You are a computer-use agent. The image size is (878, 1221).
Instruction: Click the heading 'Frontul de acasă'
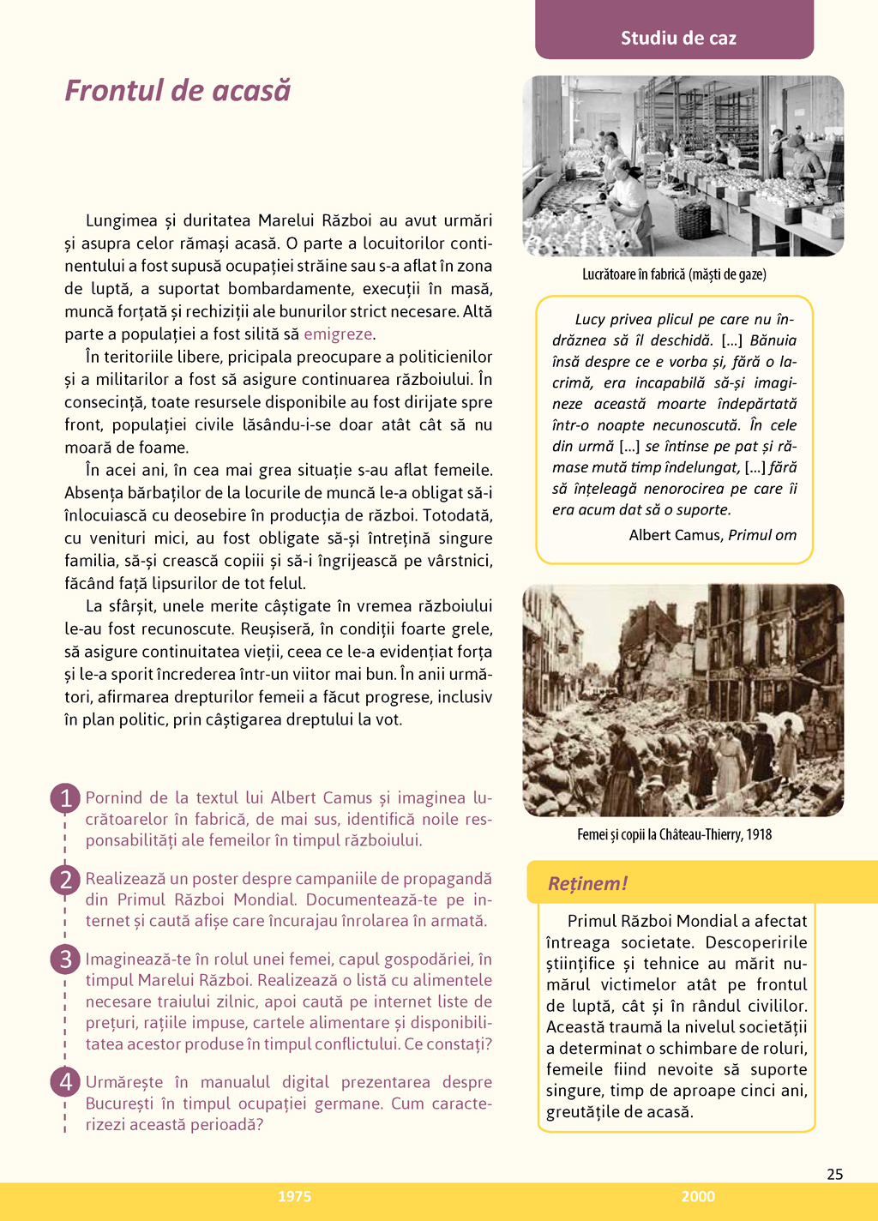[x=177, y=91]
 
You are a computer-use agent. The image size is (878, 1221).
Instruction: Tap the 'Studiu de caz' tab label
[x=678, y=38]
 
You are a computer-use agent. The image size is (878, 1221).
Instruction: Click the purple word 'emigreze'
[x=338, y=334]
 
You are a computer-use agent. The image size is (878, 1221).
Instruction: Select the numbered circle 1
[x=65, y=798]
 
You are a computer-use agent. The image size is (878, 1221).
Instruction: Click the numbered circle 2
[x=65, y=880]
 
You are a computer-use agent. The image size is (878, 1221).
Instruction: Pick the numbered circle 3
[x=65, y=959]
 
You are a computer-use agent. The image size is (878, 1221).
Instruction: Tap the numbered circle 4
[x=65, y=1082]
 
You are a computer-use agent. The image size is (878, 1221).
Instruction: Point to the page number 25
[x=834, y=1174]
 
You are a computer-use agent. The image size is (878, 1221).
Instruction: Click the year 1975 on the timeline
[x=294, y=1196]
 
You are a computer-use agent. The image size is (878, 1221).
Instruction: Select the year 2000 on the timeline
[x=698, y=1196]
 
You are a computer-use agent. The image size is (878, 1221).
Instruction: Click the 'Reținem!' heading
[x=587, y=883]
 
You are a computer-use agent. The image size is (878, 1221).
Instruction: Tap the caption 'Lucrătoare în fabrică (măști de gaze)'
[x=674, y=274]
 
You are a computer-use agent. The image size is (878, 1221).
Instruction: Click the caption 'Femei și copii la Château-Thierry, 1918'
[x=674, y=834]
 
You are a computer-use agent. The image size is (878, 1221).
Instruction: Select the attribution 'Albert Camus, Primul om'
[x=713, y=535]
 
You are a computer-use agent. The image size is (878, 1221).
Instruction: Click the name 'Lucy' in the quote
[x=590, y=320]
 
